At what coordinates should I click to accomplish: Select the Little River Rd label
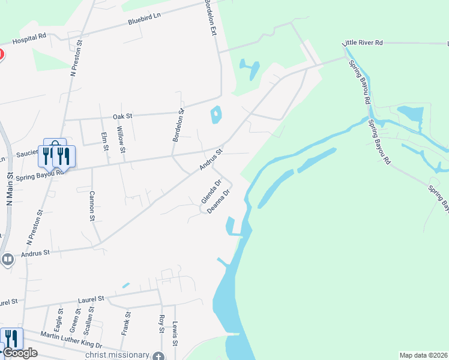pos(362,43)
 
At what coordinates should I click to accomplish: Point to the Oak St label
pos(122,115)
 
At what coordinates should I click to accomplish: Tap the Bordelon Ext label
pos(210,17)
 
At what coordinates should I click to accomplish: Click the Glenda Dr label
pos(211,191)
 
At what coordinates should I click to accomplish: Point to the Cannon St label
pos(92,206)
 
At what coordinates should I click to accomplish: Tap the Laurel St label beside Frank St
pos(92,298)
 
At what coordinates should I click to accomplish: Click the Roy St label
pos(161,323)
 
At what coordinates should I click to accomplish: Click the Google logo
pos(20,353)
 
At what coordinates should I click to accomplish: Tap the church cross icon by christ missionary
pos(158,356)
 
